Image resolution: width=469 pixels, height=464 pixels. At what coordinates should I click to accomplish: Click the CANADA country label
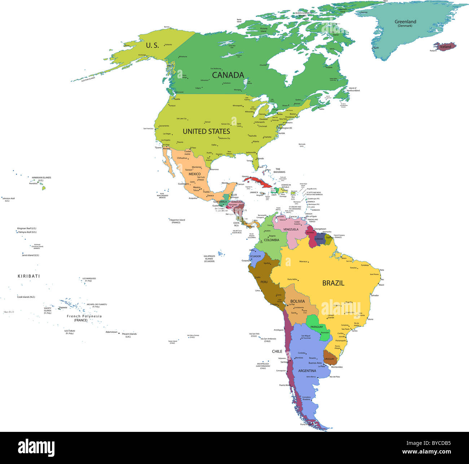pyautogui.click(x=228, y=75)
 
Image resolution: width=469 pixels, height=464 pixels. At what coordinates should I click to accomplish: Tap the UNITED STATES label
pyautogui.click(x=206, y=131)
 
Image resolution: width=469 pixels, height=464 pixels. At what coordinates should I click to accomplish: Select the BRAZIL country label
pyautogui.click(x=333, y=283)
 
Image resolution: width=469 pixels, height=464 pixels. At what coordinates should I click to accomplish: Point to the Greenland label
pyautogui.click(x=405, y=22)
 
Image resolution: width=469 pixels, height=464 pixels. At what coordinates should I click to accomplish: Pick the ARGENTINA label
pyautogui.click(x=307, y=371)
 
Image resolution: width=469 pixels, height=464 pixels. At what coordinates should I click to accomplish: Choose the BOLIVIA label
pyautogui.click(x=297, y=301)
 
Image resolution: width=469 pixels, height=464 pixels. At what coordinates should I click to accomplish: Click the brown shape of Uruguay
pyautogui.click(x=329, y=359)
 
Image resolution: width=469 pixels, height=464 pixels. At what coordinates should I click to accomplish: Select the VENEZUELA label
pyautogui.click(x=290, y=229)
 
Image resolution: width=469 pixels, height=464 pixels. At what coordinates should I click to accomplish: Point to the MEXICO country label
pyautogui.click(x=194, y=174)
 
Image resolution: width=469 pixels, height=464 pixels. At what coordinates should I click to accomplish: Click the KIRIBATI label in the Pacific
pyautogui.click(x=29, y=276)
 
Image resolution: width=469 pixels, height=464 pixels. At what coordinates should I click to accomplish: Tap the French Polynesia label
pyautogui.click(x=84, y=316)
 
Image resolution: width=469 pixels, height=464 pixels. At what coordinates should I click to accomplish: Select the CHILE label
pyautogui.click(x=277, y=351)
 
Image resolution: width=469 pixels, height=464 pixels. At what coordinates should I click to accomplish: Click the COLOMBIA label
pyautogui.click(x=271, y=240)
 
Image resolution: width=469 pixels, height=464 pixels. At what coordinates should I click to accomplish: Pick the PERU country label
pyautogui.click(x=264, y=282)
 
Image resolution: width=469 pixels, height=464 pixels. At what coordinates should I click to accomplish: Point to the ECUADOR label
pyautogui.click(x=255, y=256)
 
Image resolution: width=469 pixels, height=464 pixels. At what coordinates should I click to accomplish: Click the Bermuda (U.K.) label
pyautogui.click(x=302, y=145)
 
